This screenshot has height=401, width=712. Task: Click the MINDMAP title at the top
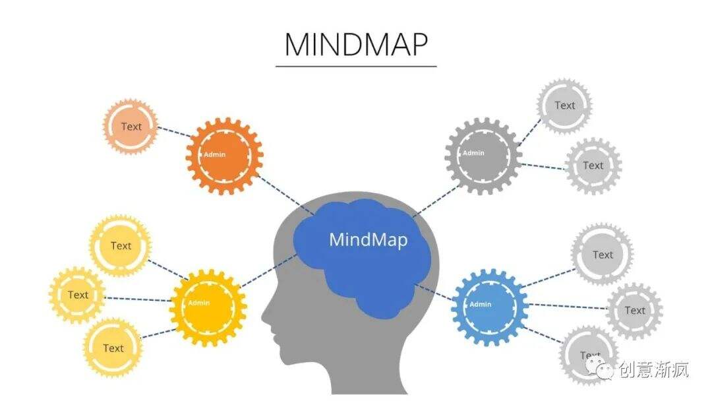pyautogui.click(x=356, y=44)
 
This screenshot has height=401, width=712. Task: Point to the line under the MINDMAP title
pyautogui.click(x=356, y=67)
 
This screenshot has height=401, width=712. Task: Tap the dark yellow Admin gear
pyautogui.click(x=208, y=308)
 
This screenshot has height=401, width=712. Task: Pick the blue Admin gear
pyautogui.click(x=490, y=307)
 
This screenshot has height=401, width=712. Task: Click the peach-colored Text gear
pyautogui.click(x=131, y=126)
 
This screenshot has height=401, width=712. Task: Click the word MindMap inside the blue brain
pyautogui.click(x=369, y=240)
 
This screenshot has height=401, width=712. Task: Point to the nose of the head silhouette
pyautogui.click(x=265, y=315)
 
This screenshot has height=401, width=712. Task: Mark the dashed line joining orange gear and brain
pyautogui.click(x=286, y=195)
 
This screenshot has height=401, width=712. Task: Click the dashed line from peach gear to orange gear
pyautogui.click(x=174, y=132)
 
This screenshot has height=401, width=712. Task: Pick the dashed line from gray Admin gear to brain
pyautogui.click(x=436, y=200)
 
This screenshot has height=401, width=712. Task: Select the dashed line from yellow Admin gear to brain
pyautogui.click(x=268, y=270)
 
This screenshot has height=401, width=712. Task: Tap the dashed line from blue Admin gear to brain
pyautogui.click(x=434, y=292)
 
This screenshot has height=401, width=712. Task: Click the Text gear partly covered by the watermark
pyautogui.click(x=589, y=355)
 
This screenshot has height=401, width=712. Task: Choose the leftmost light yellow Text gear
pyautogui.click(x=77, y=295)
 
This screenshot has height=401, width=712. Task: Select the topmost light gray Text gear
pyautogui.click(x=564, y=106)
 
